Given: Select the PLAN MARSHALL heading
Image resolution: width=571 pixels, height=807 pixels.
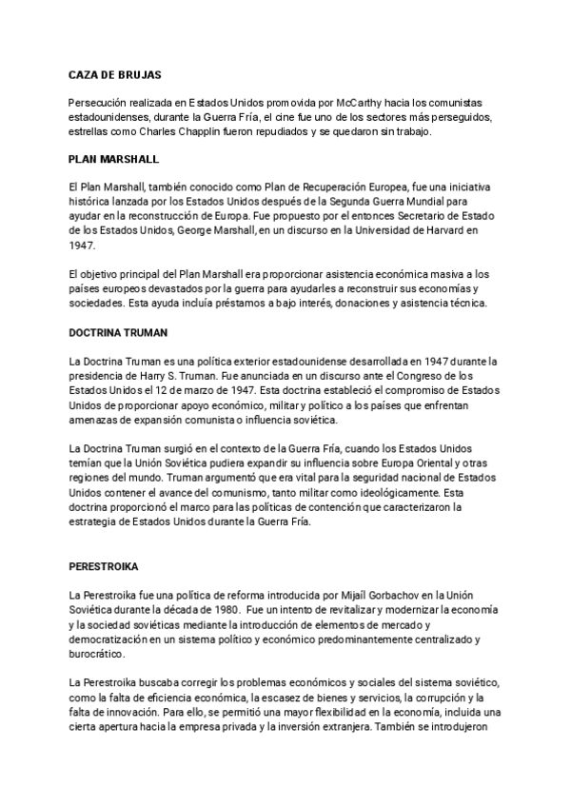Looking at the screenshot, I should pyautogui.click(x=113, y=159).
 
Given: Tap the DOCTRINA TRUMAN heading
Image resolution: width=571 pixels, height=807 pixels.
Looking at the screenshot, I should pyautogui.click(x=119, y=334).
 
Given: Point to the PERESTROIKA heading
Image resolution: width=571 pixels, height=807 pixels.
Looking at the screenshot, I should pyautogui.click(x=104, y=565).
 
